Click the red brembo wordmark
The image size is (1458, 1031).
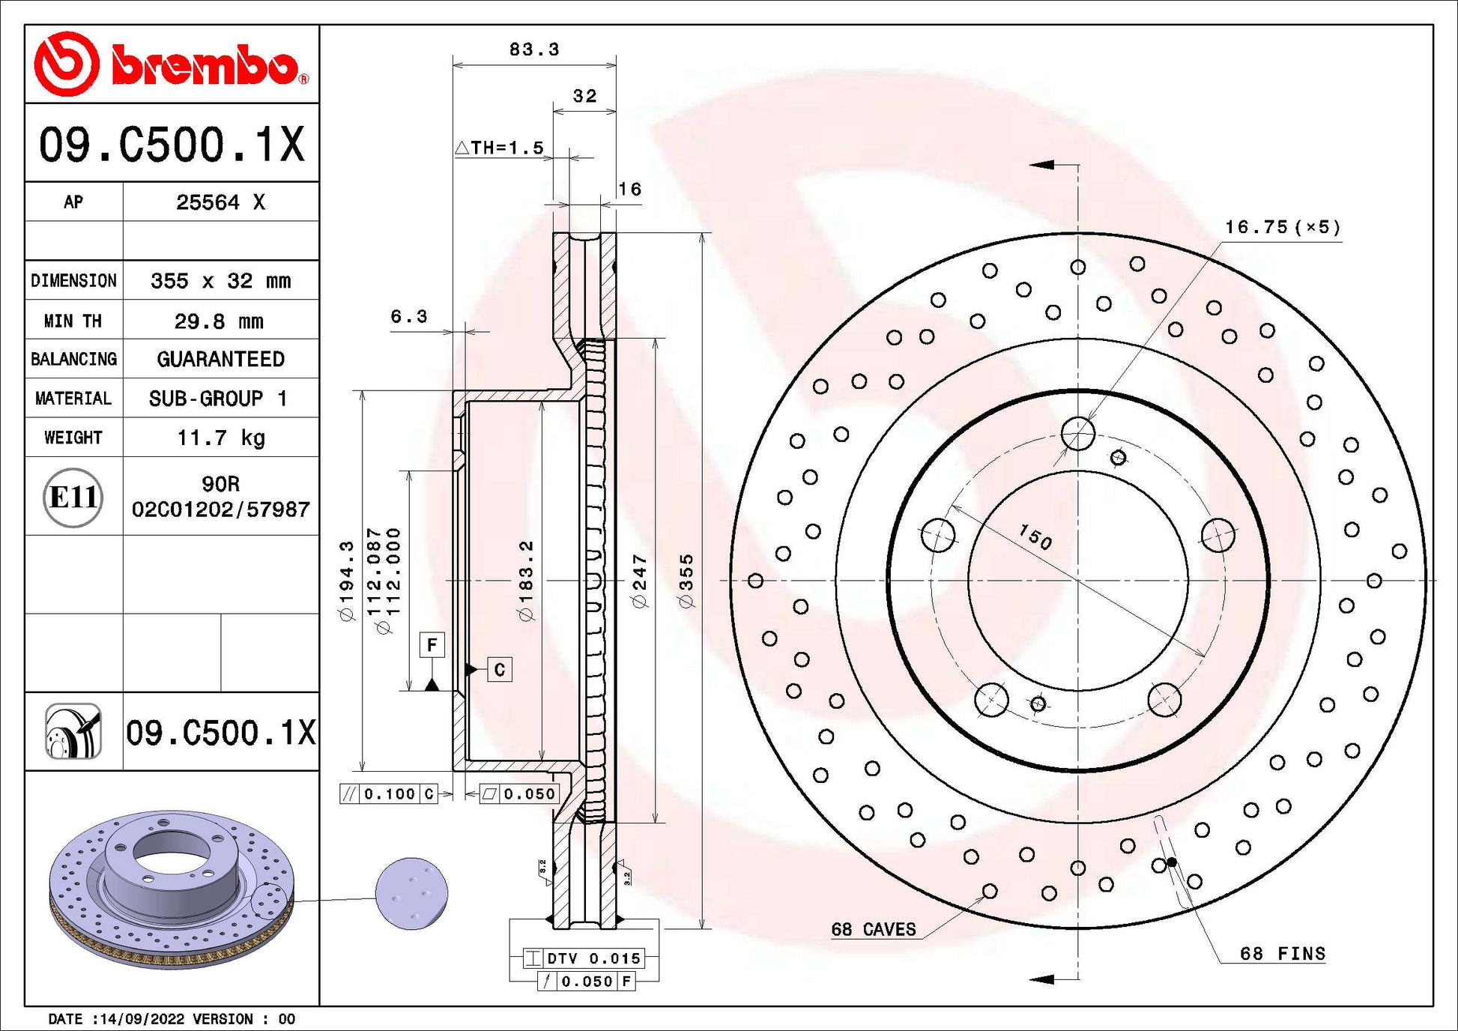(x=210, y=66)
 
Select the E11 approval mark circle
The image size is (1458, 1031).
(x=73, y=498)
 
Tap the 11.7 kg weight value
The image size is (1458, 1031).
(x=221, y=438)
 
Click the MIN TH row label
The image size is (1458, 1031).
(x=73, y=321)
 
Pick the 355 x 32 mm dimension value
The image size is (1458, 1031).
(x=221, y=281)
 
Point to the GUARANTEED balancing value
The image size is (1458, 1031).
(x=221, y=359)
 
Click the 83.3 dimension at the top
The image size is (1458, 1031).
(x=534, y=49)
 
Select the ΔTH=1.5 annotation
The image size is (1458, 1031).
(x=500, y=148)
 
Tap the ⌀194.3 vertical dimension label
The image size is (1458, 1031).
(x=346, y=581)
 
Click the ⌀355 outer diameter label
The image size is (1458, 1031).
(x=686, y=581)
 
